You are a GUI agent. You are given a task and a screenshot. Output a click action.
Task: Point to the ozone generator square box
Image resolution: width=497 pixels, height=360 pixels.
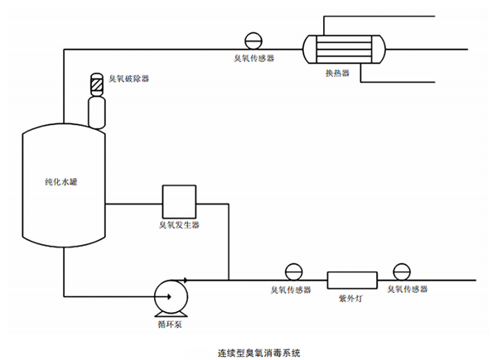(x=177, y=199)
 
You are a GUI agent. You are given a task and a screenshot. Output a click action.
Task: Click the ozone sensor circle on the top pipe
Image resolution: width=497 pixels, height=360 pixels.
(x=253, y=41)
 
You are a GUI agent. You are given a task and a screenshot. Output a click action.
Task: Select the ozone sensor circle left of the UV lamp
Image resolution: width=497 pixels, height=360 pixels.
(x=292, y=271)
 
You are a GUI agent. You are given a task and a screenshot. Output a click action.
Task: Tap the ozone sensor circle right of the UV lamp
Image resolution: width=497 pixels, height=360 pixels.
(x=402, y=271)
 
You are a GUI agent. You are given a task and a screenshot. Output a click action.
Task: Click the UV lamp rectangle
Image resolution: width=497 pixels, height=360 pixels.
(x=352, y=279)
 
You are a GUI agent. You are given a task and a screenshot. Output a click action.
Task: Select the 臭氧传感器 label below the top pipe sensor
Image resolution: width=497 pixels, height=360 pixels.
(x=253, y=59)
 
